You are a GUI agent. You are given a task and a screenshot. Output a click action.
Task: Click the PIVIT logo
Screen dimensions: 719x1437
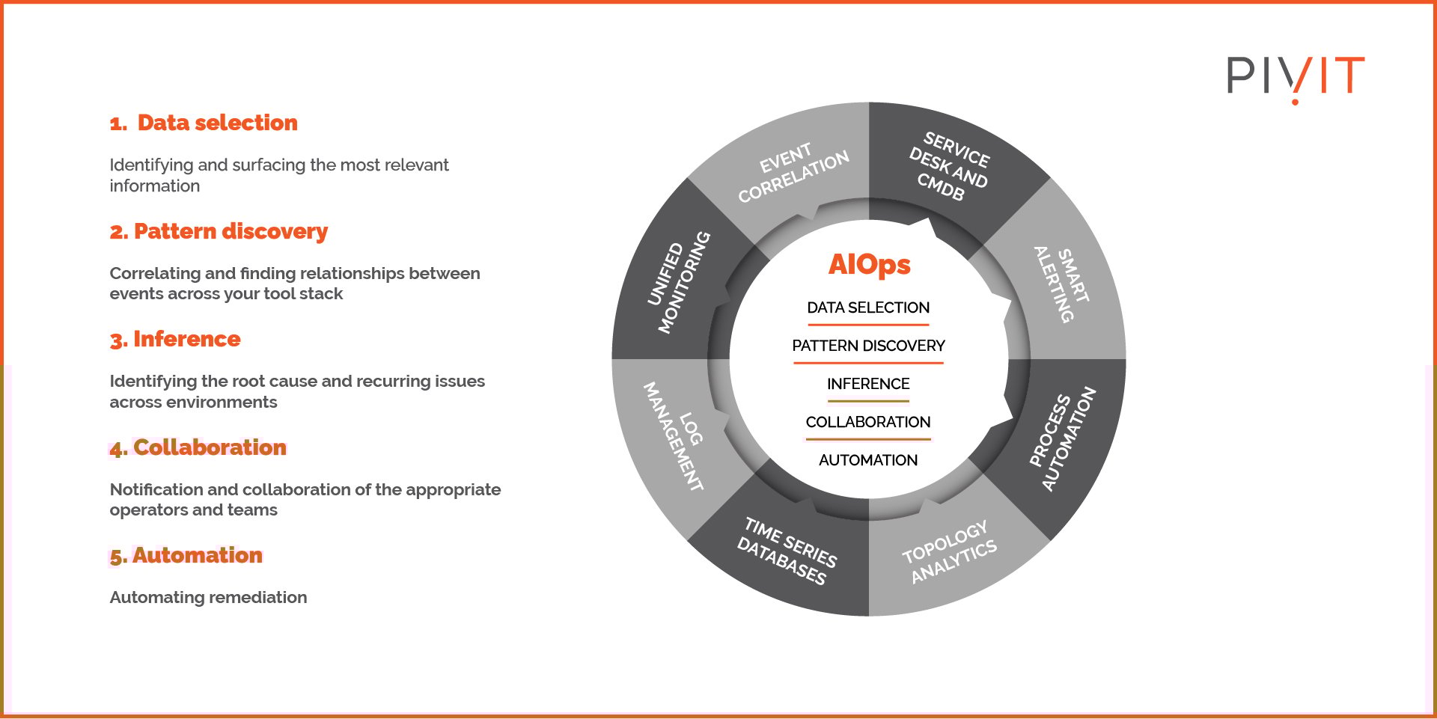[x=1295, y=77]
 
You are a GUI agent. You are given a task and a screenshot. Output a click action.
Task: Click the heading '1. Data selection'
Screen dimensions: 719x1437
[x=204, y=123]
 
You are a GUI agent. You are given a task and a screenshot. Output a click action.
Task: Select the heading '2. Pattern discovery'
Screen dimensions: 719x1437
[x=219, y=231]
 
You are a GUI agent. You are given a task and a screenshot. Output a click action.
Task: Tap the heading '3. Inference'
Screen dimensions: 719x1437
[x=175, y=339]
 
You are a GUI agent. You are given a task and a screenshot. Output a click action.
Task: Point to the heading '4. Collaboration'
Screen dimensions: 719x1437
[x=198, y=447]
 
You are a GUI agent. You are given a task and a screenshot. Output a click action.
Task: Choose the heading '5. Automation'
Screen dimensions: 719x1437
[x=186, y=555]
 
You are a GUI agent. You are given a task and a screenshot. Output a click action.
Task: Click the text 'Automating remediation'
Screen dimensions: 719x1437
[x=208, y=597]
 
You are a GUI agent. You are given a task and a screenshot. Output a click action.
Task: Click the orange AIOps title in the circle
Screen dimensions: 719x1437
[x=869, y=264]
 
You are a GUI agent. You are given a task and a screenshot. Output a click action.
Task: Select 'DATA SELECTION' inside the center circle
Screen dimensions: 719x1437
[x=868, y=308]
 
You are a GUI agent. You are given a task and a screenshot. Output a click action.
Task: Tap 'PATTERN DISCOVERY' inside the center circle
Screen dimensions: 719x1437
[x=868, y=346]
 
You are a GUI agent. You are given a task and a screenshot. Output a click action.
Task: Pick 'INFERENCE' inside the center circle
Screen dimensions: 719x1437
[x=868, y=384]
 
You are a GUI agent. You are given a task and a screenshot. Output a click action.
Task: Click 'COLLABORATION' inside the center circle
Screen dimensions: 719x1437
[x=868, y=422]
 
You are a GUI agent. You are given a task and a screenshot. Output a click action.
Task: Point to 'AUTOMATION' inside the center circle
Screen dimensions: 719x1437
[x=868, y=460]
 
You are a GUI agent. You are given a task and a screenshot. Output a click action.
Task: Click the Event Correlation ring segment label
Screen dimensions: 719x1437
[x=793, y=173]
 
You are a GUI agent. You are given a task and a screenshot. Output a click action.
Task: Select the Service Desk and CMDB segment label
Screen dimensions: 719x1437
[x=949, y=167]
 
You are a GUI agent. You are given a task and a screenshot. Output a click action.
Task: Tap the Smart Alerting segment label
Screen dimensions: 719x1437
[x=1062, y=284]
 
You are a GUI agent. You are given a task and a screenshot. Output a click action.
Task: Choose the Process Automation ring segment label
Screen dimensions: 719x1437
[x=1062, y=438]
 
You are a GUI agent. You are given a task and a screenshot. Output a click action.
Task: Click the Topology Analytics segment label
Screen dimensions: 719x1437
[x=949, y=551]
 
